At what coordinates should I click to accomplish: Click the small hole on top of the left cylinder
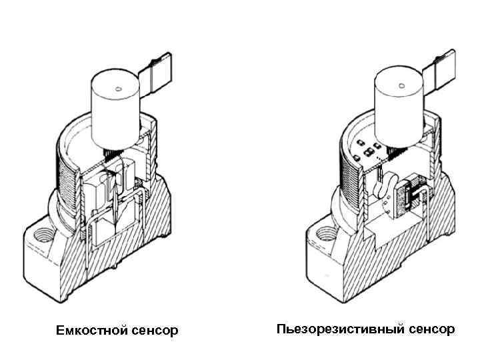(x=117, y=88)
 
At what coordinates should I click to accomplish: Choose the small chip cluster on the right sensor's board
(x=367, y=148)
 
